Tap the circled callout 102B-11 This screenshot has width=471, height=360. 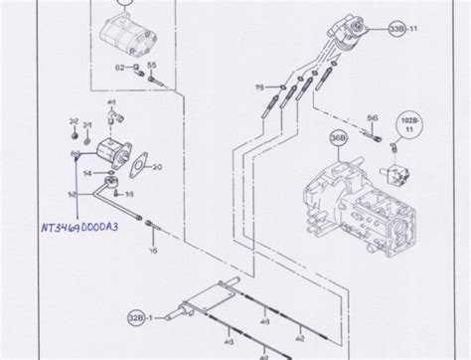pyautogui.click(x=407, y=126)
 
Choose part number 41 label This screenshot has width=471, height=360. pyautogui.click(x=112, y=102)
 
